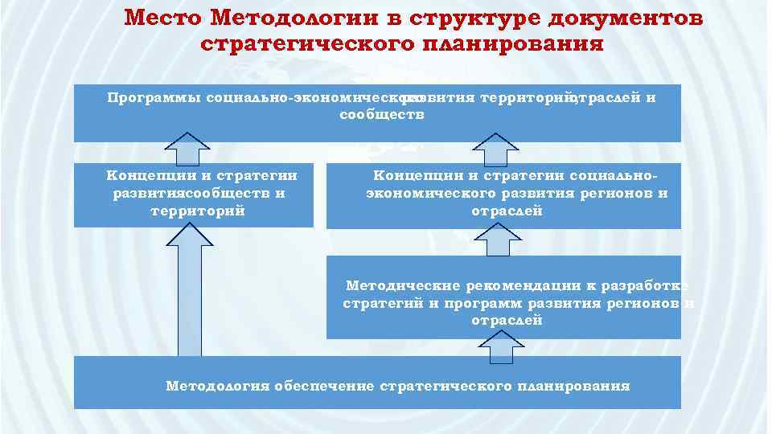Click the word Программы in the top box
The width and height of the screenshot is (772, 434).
(153, 99)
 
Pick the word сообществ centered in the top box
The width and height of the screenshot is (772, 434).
(377, 115)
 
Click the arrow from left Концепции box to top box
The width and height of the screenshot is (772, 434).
(190, 149)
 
